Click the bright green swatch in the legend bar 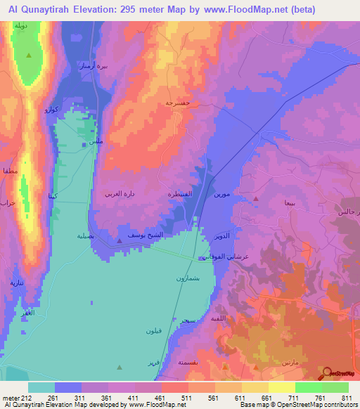[308, 387]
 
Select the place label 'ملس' [89, 143]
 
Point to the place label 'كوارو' [52, 110]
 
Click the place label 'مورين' [220, 193]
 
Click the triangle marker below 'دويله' [29, 56]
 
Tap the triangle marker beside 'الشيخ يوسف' [119, 241]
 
